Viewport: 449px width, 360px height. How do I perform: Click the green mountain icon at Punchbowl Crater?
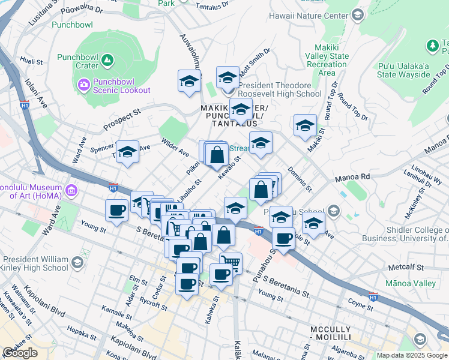pos(107,59)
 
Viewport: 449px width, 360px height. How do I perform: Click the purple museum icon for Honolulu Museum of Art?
pos(71,191)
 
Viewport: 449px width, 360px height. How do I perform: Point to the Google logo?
pos(20,353)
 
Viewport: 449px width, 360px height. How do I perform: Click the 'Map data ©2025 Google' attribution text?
pos(412,355)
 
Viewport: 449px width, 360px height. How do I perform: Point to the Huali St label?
pos(31,61)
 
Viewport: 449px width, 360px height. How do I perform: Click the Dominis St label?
pos(298,179)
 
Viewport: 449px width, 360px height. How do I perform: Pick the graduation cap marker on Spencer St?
pos(127,154)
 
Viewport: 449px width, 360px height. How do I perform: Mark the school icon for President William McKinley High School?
pos(77,262)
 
